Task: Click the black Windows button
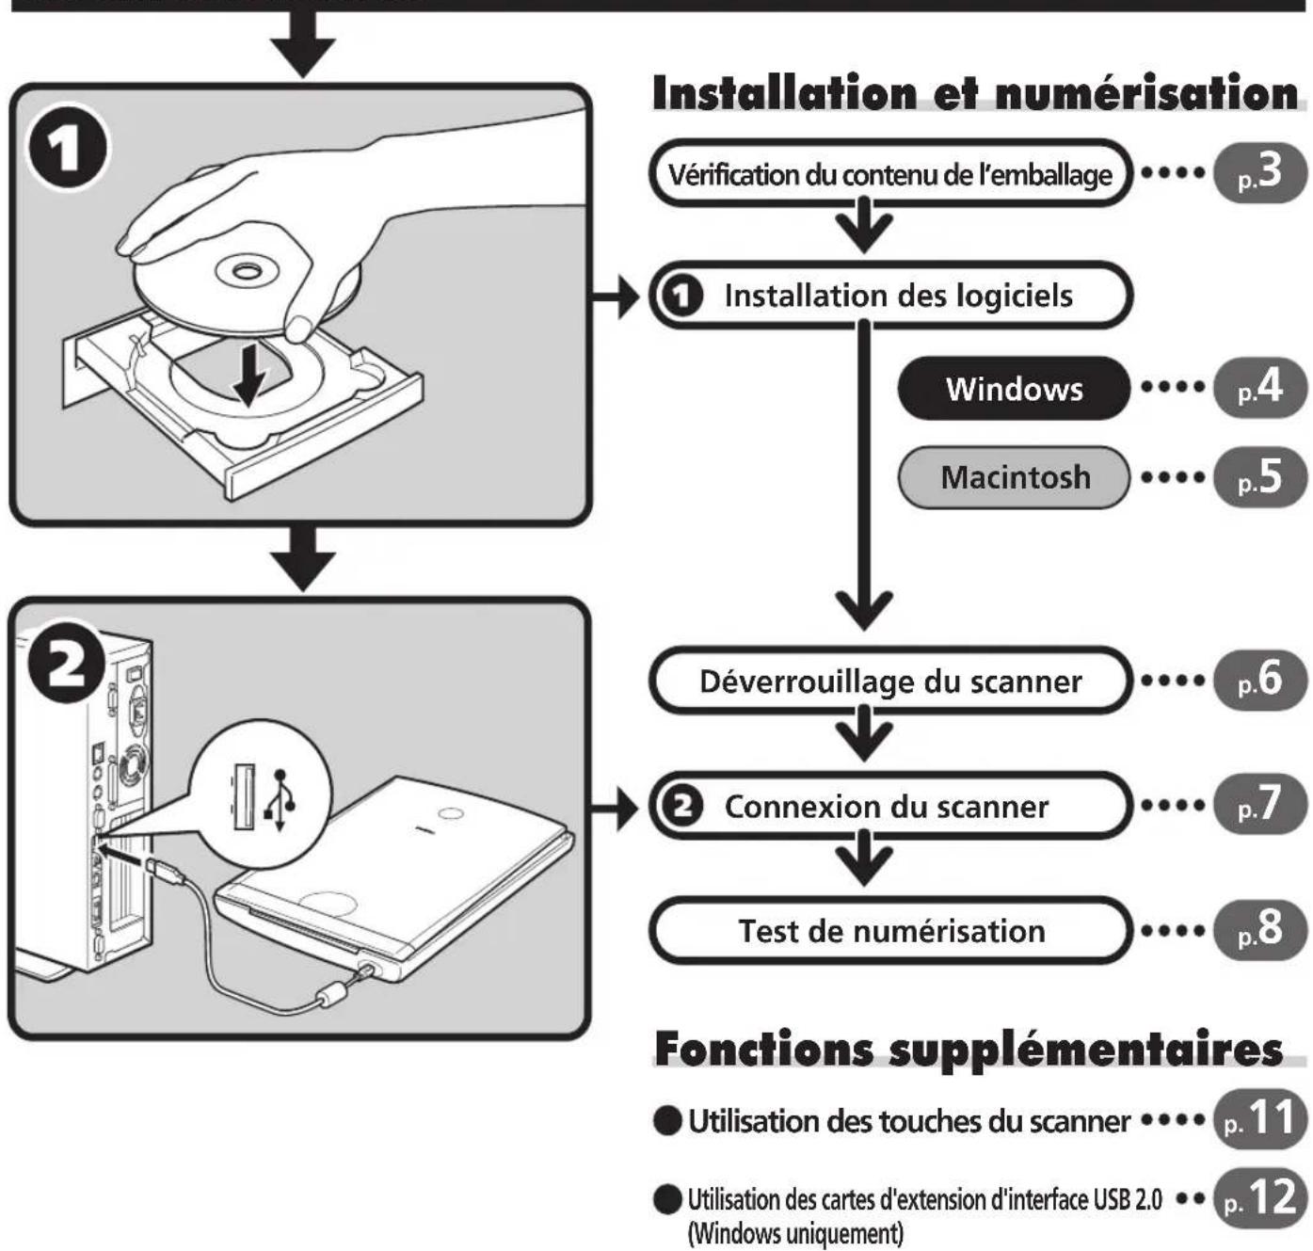1013,388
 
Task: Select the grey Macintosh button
1013,477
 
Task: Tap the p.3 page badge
1259,173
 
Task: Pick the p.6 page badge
1259,680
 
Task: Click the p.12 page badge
1259,1197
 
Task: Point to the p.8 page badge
1259,930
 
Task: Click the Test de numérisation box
890,930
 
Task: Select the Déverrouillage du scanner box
890,681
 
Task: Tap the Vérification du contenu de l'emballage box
890,173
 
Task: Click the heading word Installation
784,93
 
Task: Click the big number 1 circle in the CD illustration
67,149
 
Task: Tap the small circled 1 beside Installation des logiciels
681,296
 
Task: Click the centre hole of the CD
245,270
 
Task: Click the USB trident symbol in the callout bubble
281,799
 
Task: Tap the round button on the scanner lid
452,815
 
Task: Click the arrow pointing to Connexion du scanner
616,809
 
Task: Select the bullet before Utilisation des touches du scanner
668,1121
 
